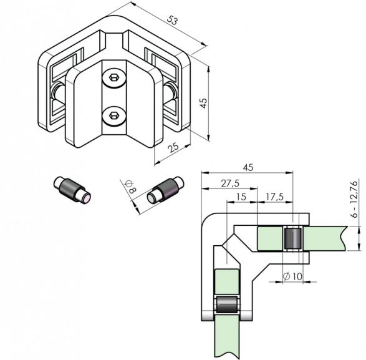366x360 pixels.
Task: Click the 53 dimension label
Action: point(172,21)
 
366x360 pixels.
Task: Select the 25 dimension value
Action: point(173,147)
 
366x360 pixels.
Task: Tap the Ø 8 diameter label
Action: point(130,187)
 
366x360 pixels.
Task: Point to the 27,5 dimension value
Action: point(230,183)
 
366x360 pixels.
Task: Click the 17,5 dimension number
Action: point(275,197)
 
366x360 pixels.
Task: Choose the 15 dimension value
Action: point(241,197)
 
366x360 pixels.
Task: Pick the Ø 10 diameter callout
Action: point(292,276)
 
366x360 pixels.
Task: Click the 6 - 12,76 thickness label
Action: point(355,199)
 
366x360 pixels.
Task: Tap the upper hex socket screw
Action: point(114,78)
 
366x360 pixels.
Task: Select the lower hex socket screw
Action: point(114,115)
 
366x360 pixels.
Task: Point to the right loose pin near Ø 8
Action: point(165,190)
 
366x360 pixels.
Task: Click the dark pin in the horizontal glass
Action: point(292,238)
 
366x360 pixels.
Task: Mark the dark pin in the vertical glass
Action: point(227,304)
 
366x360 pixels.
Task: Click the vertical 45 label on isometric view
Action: point(203,103)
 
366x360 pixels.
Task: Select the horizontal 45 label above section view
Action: point(248,167)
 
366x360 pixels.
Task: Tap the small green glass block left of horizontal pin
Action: point(270,238)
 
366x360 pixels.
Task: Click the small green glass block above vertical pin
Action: point(227,282)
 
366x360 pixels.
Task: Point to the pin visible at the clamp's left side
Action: point(57,92)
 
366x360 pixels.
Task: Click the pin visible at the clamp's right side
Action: point(170,92)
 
